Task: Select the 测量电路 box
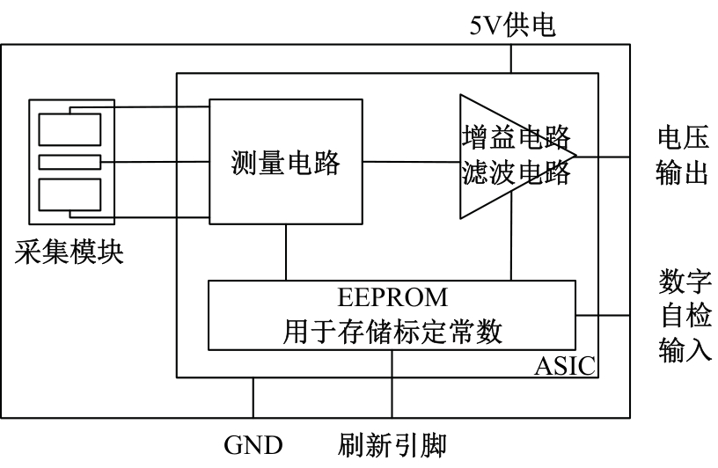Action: click(x=285, y=161)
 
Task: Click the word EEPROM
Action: click(x=392, y=296)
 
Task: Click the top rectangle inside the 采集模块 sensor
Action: click(x=71, y=130)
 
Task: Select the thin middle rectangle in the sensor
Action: click(x=71, y=162)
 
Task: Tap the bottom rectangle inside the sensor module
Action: click(x=71, y=194)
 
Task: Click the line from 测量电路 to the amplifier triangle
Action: click(x=410, y=161)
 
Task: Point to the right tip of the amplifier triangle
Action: click(x=576, y=157)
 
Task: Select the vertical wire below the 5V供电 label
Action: click(x=510, y=58)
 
